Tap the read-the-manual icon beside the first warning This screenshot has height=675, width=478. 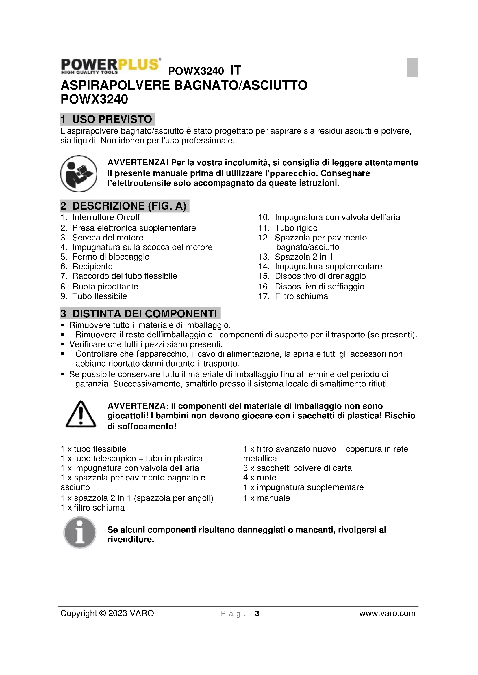pos(79,173)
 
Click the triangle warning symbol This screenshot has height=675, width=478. pos(81,414)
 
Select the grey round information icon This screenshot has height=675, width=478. pos(80,532)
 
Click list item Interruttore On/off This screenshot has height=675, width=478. pos(106,217)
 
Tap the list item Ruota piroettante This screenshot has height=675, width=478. pos(105,287)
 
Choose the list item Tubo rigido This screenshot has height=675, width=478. pos(296,228)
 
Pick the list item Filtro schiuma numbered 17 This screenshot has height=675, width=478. pos(301,296)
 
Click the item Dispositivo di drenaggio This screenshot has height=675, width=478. pos(320,276)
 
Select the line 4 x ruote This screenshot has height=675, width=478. pos(260,478)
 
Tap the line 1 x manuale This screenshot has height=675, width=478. pos(267,498)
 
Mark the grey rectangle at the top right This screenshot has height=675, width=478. pos(412,67)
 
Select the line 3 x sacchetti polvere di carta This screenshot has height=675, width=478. pos(297,468)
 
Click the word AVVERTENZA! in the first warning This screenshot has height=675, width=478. pos(138,162)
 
